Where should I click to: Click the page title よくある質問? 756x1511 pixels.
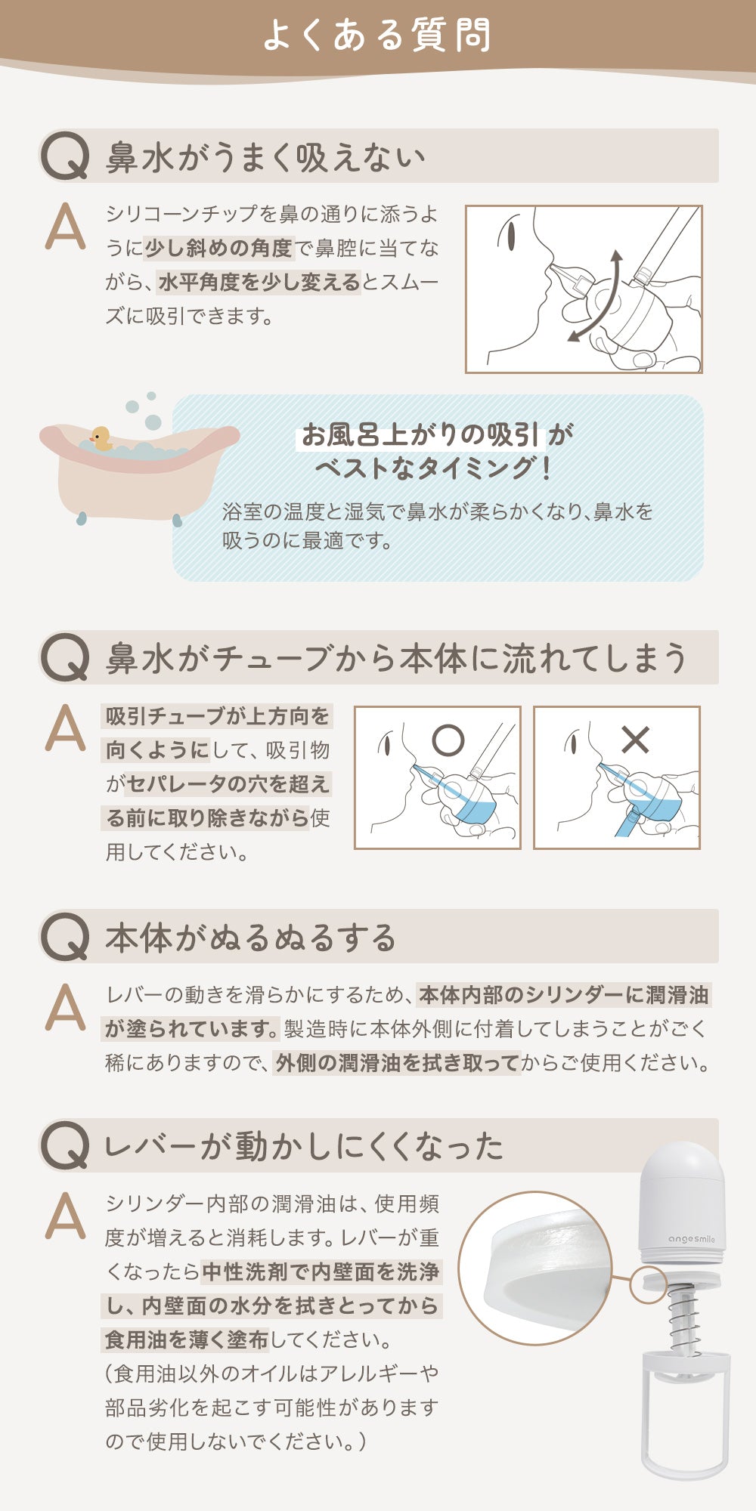pyautogui.click(x=377, y=36)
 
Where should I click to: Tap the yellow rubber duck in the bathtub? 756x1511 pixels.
pyautogui.click(x=101, y=438)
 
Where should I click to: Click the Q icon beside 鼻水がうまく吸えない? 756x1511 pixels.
pyautogui.click(x=65, y=156)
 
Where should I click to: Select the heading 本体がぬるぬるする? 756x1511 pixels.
pyautogui.click(x=251, y=938)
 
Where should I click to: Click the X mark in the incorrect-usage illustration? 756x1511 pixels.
pyautogui.click(x=635, y=740)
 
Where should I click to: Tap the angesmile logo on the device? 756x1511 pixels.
pyautogui.click(x=691, y=1239)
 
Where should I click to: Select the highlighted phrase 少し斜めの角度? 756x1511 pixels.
pyautogui.click(x=218, y=248)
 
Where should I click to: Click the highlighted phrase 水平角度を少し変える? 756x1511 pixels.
pyautogui.click(x=259, y=282)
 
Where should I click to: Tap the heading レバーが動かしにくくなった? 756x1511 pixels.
pyautogui.click(x=304, y=1146)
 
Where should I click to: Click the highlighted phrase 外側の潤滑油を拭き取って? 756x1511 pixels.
pyautogui.click(x=397, y=1063)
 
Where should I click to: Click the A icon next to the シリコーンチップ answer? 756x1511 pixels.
pyautogui.click(x=65, y=227)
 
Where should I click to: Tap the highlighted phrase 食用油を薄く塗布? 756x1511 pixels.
pyautogui.click(x=187, y=1340)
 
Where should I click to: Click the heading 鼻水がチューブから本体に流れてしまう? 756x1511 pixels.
pyautogui.click(x=397, y=658)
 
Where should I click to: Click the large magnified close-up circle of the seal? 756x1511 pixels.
pyautogui.click(x=535, y=1268)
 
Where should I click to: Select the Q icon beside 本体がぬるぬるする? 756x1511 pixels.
pyautogui.click(x=65, y=937)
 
